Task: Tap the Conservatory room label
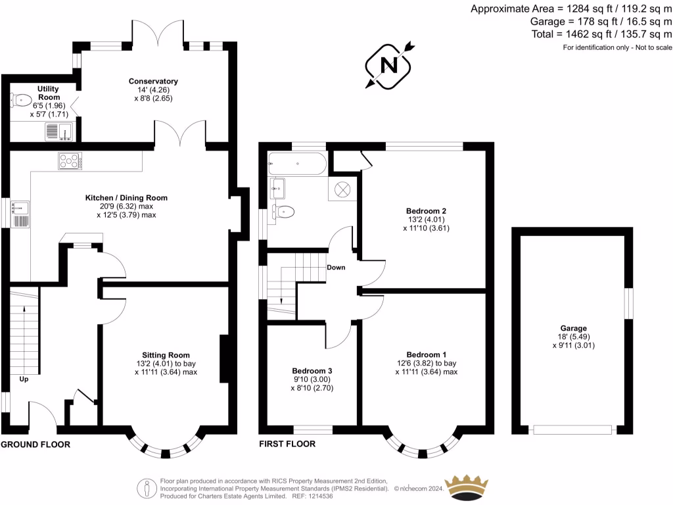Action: [153, 82]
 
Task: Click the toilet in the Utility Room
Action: [17, 100]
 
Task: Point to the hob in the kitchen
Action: [68, 160]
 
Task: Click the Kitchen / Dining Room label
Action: [126, 197]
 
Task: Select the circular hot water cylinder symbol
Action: [343, 189]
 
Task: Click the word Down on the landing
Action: [335, 268]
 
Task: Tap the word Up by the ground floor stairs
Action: [24, 379]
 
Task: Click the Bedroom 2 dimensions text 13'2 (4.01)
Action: [425, 220]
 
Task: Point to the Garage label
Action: [573, 328]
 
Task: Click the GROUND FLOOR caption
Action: [35, 445]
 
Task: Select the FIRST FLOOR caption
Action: [287, 445]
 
